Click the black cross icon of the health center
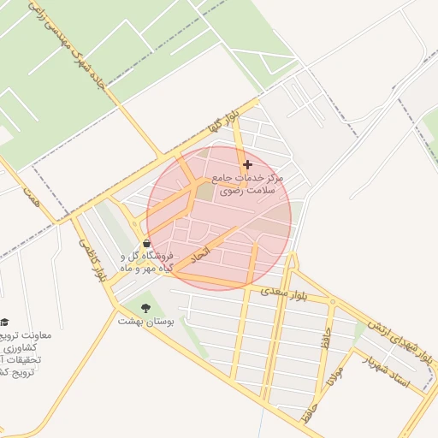248,164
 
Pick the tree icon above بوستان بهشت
145,307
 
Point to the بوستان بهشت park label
145,322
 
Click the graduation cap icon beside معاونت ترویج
4,321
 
